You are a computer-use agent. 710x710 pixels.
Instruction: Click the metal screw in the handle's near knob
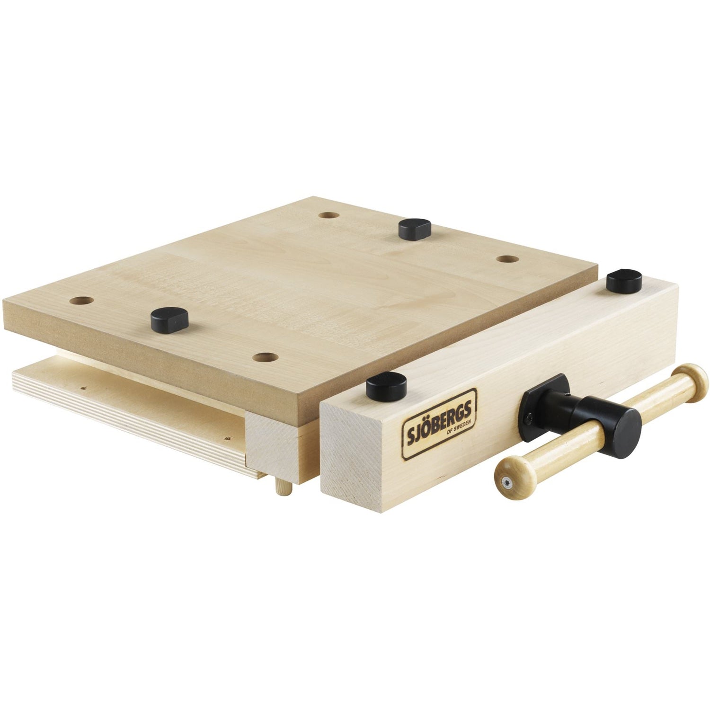[506, 483]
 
